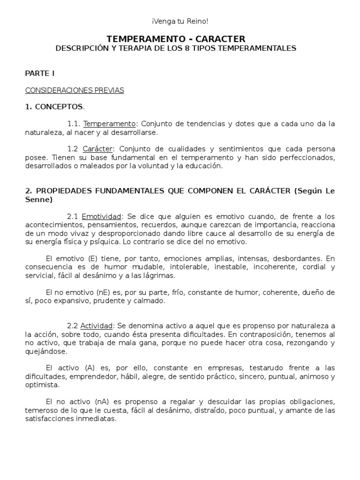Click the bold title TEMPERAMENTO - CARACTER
click(176, 39)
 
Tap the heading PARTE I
click(40, 74)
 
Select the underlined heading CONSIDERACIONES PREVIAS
click(74, 90)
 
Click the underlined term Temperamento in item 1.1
click(109, 124)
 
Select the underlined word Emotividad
click(101, 217)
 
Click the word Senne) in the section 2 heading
click(39, 200)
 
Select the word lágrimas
click(159, 276)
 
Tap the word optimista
click(42, 385)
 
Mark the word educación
click(204, 166)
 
